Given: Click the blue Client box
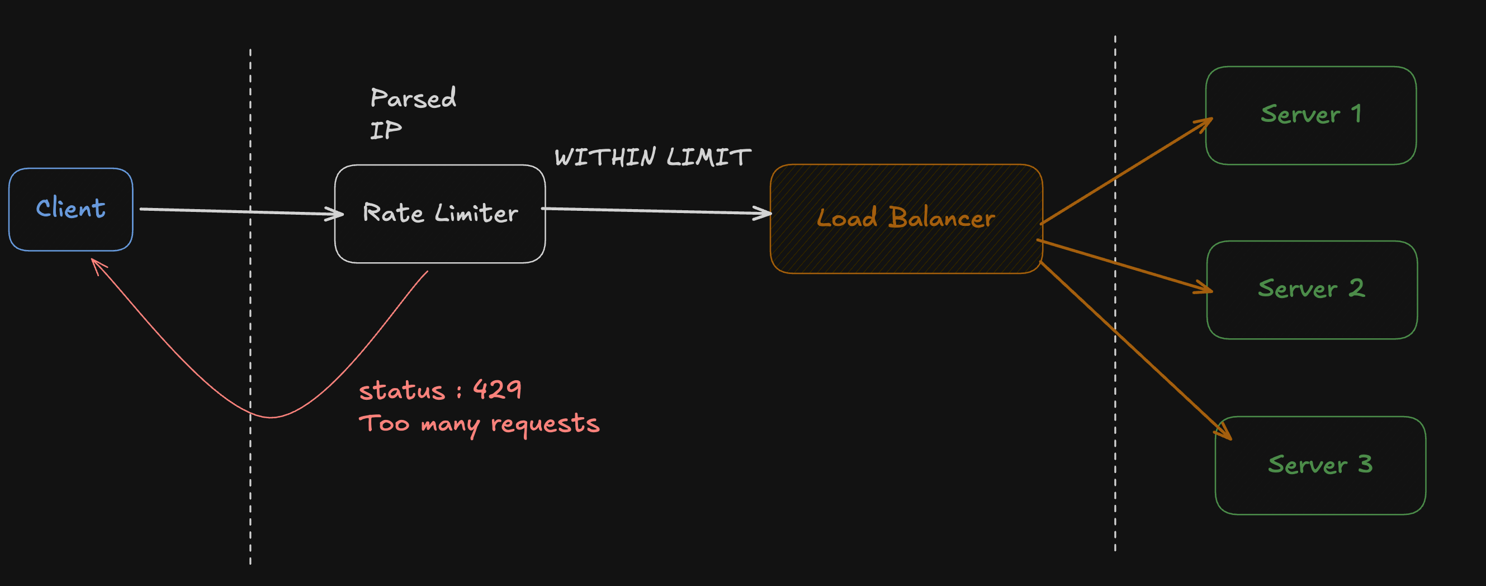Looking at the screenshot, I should [70, 209].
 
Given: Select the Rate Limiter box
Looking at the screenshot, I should [439, 214].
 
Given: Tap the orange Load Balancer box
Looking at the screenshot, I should [906, 219].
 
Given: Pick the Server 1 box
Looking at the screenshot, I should [1310, 115].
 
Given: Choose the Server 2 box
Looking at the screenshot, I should [1312, 290].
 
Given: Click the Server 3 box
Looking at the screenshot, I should [1320, 465].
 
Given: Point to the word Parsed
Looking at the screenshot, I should [413, 98].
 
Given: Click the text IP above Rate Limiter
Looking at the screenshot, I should [386, 131].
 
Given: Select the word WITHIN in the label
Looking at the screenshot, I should [605, 158].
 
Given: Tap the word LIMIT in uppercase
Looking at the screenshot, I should [709, 158].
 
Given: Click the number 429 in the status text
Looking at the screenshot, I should [497, 390].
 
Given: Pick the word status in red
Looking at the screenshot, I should [401, 391].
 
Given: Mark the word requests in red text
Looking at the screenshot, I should [545, 424].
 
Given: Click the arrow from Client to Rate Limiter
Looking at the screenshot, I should [231, 211].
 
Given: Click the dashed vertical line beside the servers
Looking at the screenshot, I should [1115, 404].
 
